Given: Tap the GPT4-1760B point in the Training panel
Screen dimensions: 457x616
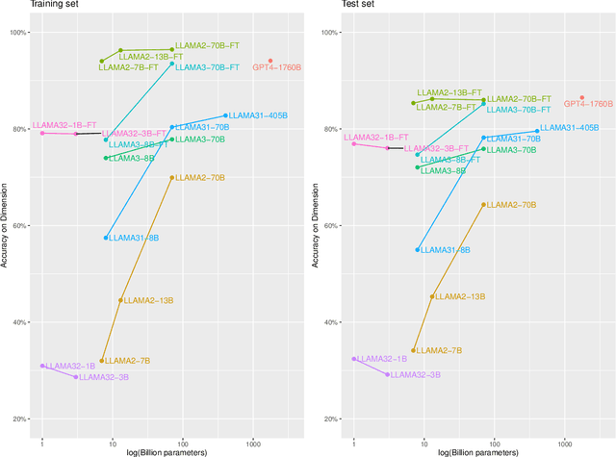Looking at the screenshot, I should pos(270,61).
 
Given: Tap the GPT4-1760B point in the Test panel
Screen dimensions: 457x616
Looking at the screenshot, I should pos(582,97).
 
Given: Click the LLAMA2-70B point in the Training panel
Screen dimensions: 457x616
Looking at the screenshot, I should pos(172,177).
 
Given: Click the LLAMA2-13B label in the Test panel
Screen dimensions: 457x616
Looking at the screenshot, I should pos(457,297).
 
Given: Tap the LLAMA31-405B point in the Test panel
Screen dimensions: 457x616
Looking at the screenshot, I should pos(536,131).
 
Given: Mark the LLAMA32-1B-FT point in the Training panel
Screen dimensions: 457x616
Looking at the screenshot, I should pos(42,133).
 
